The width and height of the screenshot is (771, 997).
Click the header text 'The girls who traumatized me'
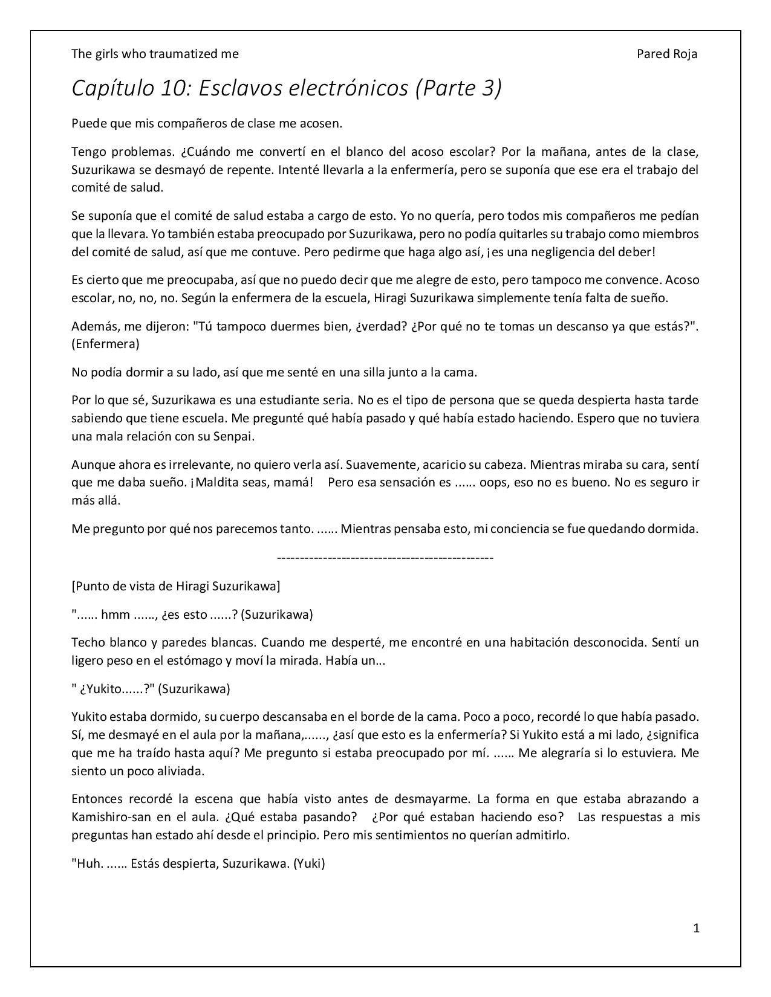coord(155,54)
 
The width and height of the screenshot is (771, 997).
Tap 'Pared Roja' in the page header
coord(666,54)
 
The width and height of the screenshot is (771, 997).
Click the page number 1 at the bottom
coord(697,928)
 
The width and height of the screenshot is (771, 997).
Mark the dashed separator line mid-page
coord(385,557)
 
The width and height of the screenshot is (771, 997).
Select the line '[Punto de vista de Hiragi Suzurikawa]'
coord(175,586)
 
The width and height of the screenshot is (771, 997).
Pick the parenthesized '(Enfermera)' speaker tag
coord(105,344)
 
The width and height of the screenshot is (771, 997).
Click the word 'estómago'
coord(198,660)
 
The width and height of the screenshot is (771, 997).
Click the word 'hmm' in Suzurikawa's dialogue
coord(115,615)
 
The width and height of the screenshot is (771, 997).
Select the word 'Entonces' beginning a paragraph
coord(96,799)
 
